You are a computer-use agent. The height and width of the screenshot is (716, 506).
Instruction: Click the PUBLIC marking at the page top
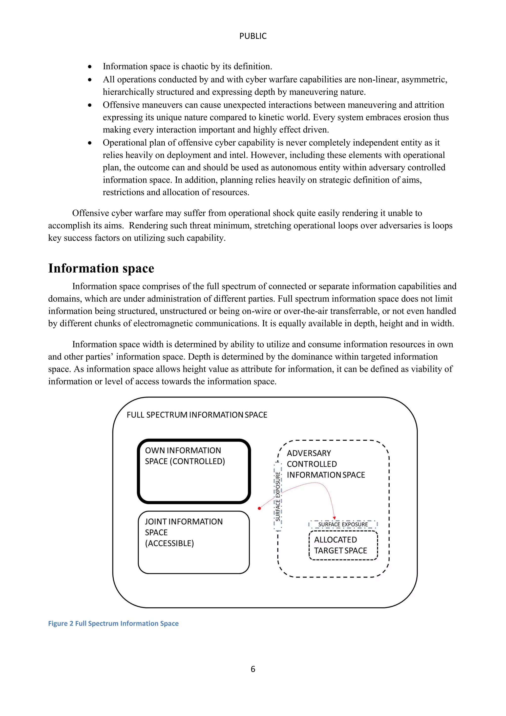click(253, 36)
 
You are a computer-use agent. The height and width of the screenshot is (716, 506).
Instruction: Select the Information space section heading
click(101, 268)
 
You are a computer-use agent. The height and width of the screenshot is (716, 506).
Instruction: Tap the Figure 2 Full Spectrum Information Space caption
click(113, 623)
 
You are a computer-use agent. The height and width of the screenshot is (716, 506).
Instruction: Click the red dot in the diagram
click(259, 508)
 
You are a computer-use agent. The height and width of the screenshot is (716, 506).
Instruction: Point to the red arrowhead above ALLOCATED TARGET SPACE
click(334, 518)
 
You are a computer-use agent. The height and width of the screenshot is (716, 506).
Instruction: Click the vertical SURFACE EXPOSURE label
click(278, 496)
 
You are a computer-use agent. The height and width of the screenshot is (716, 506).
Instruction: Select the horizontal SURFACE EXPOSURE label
click(343, 525)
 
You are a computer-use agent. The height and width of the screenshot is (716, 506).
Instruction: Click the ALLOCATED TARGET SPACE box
click(343, 545)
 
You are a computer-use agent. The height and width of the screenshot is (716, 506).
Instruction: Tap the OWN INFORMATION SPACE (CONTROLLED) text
click(185, 456)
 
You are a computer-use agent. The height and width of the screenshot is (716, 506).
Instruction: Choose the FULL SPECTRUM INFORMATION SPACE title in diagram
click(197, 415)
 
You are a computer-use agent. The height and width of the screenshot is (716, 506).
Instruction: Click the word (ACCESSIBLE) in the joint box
click(169, 543)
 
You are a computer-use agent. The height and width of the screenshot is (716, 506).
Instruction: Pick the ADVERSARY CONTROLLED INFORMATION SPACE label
click(326, 464)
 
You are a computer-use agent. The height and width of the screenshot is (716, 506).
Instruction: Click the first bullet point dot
click(90, 67)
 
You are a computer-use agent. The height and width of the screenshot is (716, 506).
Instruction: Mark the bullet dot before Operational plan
click(90, 143)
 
